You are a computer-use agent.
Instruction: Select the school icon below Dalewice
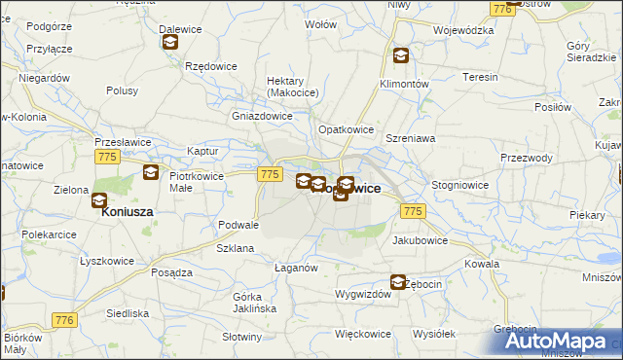171,42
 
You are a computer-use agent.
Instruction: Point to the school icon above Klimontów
400,55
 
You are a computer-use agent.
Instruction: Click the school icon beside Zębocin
398,282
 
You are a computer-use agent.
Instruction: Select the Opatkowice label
347,128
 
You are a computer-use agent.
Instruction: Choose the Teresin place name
480,77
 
